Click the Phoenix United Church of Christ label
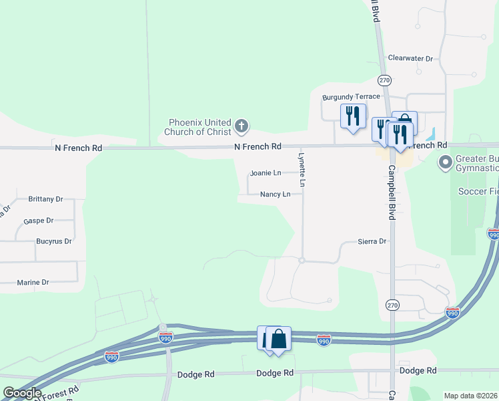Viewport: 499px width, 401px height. [x=199, y=127]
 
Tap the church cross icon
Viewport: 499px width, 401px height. [x=241, y=124]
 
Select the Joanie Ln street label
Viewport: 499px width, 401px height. [x=266, y=173]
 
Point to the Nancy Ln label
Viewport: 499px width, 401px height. [x=275, y=194]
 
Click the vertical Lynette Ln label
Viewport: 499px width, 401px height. [x=302, y=169]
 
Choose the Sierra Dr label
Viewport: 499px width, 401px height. [x=372, y=241]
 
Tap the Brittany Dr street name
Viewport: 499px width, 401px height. [x=45, y=199]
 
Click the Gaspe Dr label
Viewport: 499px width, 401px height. [x=38, y=221]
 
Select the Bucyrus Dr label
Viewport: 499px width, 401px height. [x=53, y=241]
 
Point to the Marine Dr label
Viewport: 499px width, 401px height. [x=33, y=283]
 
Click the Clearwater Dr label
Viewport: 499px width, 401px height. [x=410, y=59]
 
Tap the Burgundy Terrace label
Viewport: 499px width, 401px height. [x=351, y=97]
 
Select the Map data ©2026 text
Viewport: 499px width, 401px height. [x=470, y=396]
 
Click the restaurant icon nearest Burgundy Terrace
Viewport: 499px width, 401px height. [x=352, y=116]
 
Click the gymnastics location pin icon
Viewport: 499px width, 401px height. [x=445, y=162]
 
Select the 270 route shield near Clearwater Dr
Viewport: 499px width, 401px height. [x=384, y=80]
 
